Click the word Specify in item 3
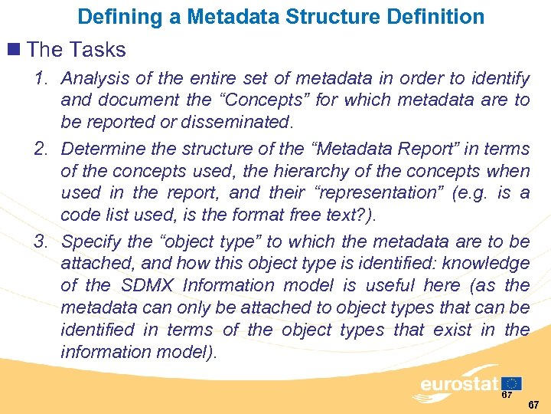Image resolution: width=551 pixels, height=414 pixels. pyautogui.click(x=91, y=242)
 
